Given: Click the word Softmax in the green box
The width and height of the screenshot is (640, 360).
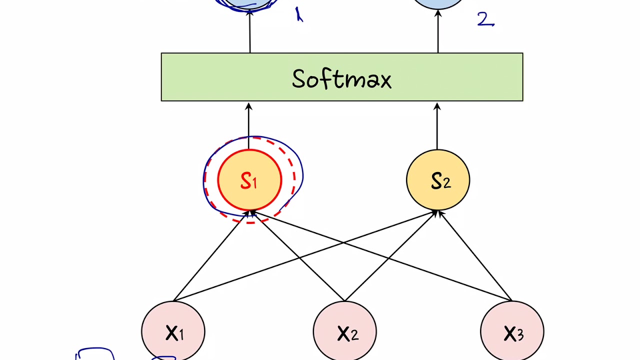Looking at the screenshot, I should (x=341, y=79).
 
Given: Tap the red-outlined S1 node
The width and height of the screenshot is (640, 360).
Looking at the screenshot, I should (x=249, y=180).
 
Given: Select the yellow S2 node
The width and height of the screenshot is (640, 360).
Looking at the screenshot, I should (x=438, y=180).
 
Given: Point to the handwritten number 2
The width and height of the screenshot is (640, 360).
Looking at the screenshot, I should (x=485, y=19).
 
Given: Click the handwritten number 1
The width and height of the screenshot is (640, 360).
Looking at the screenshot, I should (x=299, y=15).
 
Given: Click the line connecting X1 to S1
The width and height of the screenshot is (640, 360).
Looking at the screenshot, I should (x=210, y=257).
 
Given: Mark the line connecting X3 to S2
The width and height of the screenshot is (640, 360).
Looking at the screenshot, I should (x=475, y=257).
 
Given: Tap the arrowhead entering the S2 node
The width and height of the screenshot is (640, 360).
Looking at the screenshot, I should (x=436, y=213).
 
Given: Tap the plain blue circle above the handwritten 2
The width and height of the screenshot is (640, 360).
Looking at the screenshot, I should (x=438, y=3).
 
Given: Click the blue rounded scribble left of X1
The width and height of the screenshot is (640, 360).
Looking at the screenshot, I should (x=95, y=353).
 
